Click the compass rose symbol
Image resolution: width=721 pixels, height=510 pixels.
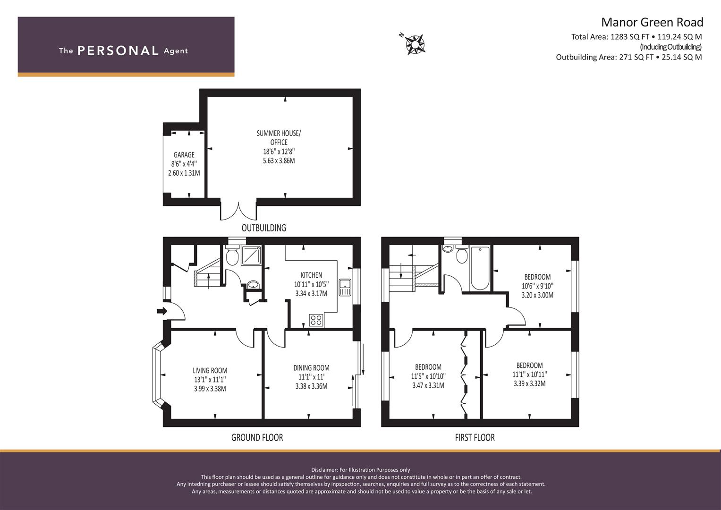click(415, 44)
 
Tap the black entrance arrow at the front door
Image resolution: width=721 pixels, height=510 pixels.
click(162, 311)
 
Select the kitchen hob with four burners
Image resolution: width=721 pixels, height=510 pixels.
click(316, 320)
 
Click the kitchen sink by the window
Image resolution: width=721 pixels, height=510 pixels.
click(345, 288)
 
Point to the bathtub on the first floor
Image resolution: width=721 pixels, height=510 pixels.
click(480, 268)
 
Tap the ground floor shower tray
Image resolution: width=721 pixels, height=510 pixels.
click(251, 255)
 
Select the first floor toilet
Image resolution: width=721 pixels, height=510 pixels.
click(462, 255)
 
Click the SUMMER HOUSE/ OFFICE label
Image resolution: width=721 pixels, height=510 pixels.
click(279, 137)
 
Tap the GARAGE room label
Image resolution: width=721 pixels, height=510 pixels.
click(184, 154)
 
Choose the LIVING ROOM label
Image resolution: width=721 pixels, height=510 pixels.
click(210, 371)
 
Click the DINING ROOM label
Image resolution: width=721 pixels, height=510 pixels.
click(311, 368)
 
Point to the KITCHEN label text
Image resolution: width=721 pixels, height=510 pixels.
click(311, 275)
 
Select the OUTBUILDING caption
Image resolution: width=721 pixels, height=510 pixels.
click(264, 228)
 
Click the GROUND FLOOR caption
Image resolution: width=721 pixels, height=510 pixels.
click(257, 438)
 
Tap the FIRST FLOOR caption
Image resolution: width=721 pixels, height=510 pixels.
click(475, 438)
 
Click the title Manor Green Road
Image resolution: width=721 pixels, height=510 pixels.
click(652, 22)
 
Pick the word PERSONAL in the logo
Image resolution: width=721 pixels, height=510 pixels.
click(118, 51)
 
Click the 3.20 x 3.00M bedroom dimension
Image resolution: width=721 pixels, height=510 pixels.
click(537, 295)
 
